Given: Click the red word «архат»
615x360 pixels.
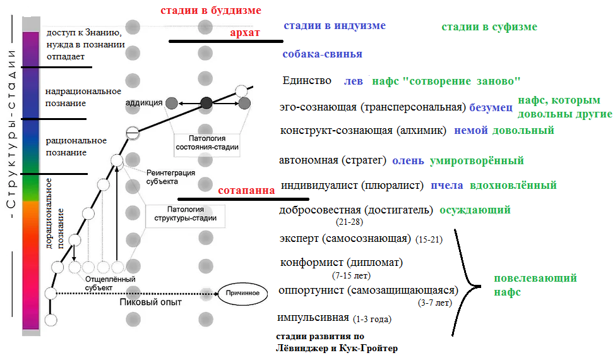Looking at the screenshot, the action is (245, 33).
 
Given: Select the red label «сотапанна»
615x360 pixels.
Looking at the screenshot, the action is (246, 190).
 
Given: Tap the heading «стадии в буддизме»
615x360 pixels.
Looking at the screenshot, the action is (210, 11).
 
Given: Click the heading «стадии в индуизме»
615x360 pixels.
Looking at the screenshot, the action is (334, 26).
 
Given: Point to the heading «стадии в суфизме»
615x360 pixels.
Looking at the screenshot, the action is (489, 27).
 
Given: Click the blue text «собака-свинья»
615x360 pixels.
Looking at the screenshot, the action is (322, 54).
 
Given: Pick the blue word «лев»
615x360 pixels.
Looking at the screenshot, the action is (353, 81).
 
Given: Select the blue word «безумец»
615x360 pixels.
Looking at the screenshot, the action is (491, 107).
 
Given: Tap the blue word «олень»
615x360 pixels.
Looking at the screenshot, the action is (407, 161).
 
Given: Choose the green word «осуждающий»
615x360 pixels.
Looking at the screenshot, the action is (475, 210).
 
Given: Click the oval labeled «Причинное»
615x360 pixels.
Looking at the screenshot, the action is (239, 293).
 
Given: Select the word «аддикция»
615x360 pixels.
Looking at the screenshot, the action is (144, 102).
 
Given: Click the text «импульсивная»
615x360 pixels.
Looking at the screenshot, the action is (313, 318).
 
